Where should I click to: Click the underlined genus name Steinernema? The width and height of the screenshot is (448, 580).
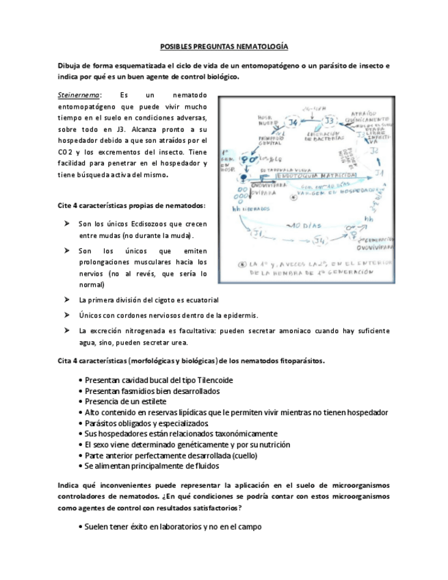(79, 94)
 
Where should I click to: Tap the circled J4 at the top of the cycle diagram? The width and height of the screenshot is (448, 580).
(292, 122)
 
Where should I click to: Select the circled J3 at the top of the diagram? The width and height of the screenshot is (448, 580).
(330, 122)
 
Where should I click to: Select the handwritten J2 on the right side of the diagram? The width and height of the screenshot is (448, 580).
(375, 150)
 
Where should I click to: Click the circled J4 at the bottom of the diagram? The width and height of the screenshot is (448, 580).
(320, 240)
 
